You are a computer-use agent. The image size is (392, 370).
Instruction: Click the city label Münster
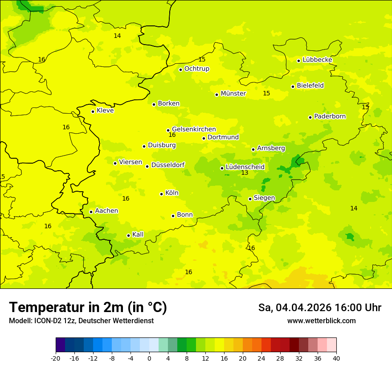pyautogui.click(x=233, y=94)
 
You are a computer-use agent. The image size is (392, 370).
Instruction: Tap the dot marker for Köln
pyautogui.click(x=162, y=194)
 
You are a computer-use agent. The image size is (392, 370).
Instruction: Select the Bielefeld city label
pyautogui.click(x=310, y=86)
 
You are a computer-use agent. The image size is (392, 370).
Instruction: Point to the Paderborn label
pyautogui.click(x=330, y=116)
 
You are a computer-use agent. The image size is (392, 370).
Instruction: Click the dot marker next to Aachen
pyautogui.click(x=91, y=212)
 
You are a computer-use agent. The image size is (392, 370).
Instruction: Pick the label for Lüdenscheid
pyautogui.click(x=245, y=167)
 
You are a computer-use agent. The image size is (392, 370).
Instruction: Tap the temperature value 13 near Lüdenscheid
pyautogui.click(x=245, y=173)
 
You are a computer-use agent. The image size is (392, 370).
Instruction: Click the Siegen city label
pyautogui.click(x=264, y=198)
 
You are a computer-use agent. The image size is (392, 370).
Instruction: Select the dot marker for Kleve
pyautogui.click(x=93, y=111)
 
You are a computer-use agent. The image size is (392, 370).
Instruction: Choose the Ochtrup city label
pyautogui.click(x=196, y=69)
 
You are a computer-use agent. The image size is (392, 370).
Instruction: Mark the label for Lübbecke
pyautogui.click(x=317, y=60)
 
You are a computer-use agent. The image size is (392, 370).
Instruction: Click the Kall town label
pyautogui.click(x=138, y=234)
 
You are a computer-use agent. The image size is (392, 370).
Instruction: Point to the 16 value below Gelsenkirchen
pyautogui.click(x=172, y=135)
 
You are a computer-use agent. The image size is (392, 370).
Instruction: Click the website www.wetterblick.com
pyautogui.click(x=321, y=321)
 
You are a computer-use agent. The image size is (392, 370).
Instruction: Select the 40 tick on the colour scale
pyautogui.click(x=336, y=358)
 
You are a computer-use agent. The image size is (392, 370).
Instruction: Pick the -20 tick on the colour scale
pyautogui.click(x=56, y=358)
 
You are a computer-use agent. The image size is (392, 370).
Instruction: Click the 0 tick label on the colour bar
pyautogui.click(x=149, y=358)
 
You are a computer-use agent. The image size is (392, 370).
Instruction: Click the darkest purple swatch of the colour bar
pyautogui.click(x=60, y=345)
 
